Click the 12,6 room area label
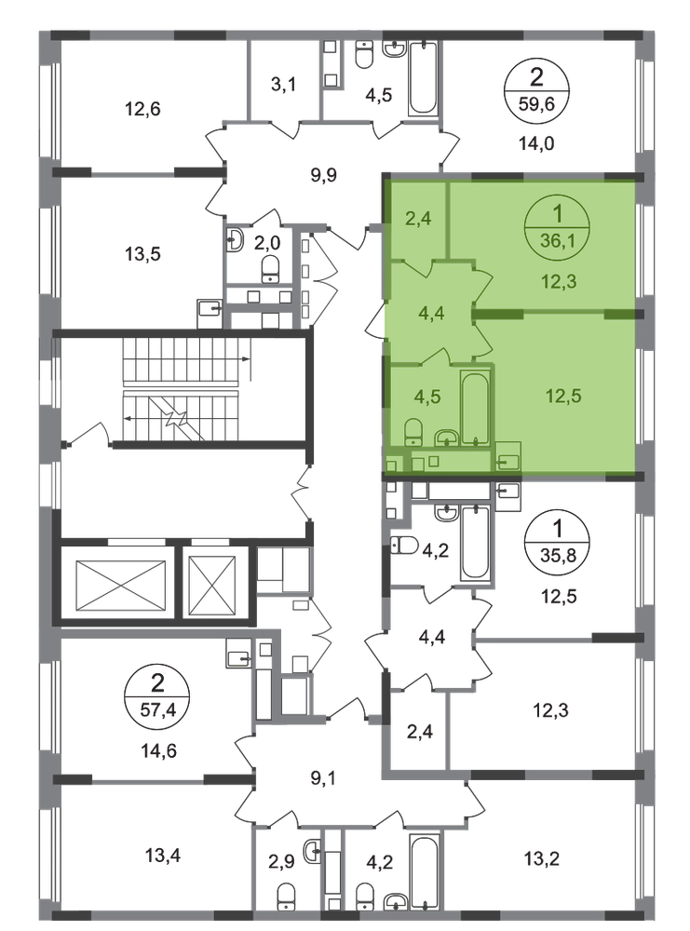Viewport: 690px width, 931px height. [x=142, y=109]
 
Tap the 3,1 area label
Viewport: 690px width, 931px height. [x=283, y=85]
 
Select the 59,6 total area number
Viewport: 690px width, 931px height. [x=536, y=105]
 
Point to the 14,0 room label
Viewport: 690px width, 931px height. [x=536, y=143]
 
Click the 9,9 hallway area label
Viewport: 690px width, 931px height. [x=324, y=175]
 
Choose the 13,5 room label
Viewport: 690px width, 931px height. [x=142, y=254]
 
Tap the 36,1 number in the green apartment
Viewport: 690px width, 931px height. [x=557, y=241]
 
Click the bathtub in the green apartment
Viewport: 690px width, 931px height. [x=475, y=408]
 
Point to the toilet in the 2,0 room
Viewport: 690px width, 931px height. [x=271, y=270]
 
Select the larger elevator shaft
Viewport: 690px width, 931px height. [x=121, y=586]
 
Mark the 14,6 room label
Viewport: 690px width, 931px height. [x=158, y=751]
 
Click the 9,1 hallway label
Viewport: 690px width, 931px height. [x=324, y=777]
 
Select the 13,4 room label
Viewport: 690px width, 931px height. [x=163, y=856]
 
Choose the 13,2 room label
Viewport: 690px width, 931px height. [x=542, y=859]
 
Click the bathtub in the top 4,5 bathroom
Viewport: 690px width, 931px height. [x=423, y=78]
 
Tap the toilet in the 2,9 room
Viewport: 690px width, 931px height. [x=286, y=896]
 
